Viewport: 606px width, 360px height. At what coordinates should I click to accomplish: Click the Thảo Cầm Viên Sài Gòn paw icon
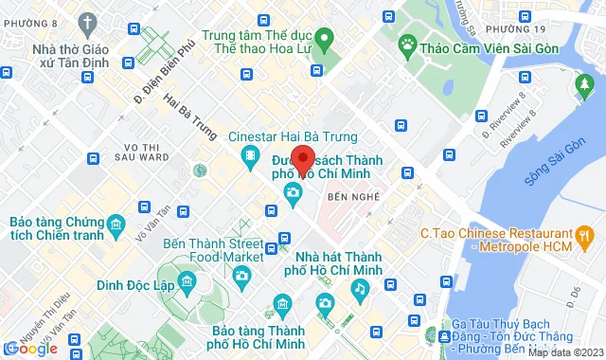tap(408, 43)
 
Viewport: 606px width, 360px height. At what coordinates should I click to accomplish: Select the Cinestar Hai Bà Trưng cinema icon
tap(248, 154)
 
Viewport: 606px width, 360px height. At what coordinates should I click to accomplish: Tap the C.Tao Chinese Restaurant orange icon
tap(586, 234)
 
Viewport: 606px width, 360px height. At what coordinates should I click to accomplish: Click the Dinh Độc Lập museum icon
tap(187, 283)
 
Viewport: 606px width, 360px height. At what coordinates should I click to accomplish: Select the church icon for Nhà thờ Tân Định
tap(88, 22)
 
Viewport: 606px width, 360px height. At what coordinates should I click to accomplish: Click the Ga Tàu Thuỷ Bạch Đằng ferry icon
tap(445, 336)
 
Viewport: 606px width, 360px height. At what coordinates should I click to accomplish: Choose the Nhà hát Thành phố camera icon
tap(325, 302)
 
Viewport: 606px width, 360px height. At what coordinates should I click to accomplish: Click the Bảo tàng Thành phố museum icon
tap(280, 303)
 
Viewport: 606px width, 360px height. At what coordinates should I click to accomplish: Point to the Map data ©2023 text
tap(564, 352)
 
